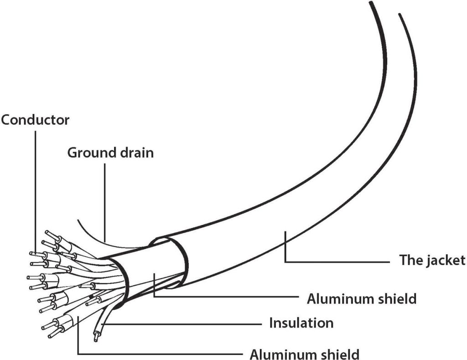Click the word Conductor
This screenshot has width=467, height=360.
[x=35, y=120]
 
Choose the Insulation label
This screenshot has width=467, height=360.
[x=301, y=323]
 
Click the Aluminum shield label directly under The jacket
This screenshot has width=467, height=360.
[x=362, y=299]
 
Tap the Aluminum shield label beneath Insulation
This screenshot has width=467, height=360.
[x=305, y=354]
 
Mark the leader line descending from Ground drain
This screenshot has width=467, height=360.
[x=104, y=201]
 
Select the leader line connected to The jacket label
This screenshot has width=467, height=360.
[x=337, y=262]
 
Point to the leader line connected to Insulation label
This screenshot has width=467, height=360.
[x=182, y=324]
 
